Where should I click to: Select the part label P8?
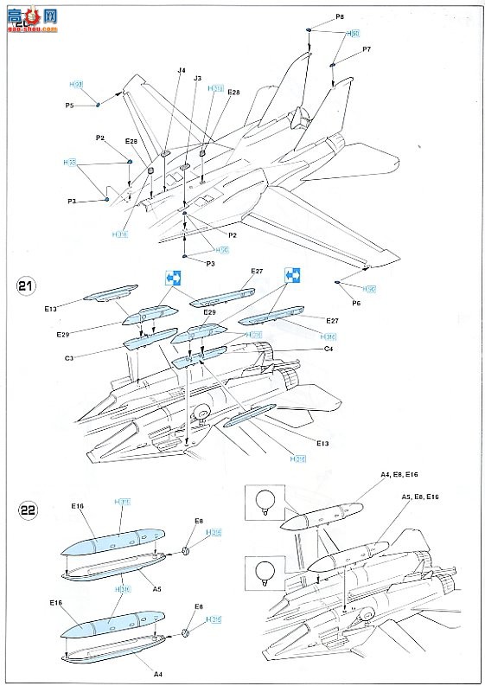point(339,17)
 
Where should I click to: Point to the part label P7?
point(367,49)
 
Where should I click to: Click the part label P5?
point(69,105)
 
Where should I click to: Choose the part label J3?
point(197,79)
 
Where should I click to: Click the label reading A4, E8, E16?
point(399,474)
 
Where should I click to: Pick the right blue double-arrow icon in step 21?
point(294,276)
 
